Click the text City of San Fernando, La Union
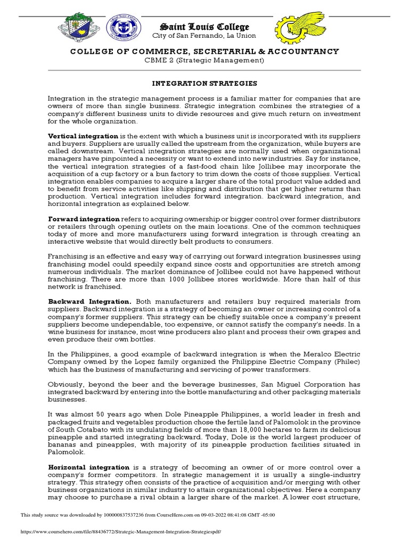click(204, 36)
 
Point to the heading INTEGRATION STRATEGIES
click(204, 84)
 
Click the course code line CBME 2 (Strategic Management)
click(204, 60)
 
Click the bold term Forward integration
click(84, 219)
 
